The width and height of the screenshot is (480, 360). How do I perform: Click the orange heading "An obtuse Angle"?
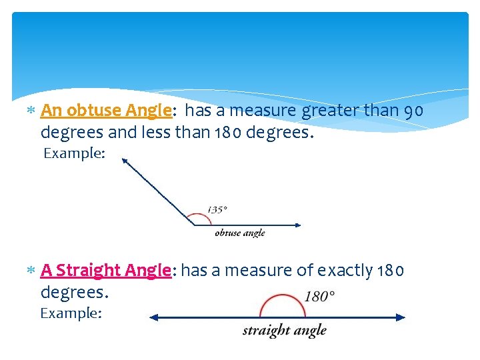pyautogui.click(x=106, y=110)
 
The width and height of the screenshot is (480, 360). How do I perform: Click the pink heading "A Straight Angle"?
pyautogui.click(x=106, y=270)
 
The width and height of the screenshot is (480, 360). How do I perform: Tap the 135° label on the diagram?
pyautogui.click(x=217, y=209)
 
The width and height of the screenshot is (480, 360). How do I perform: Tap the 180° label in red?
pyautogui.click(x=319, y=295)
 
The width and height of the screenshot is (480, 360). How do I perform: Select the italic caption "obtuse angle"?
pyautogui.click(x=239, y=233)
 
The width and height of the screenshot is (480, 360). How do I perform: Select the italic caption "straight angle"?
pyautogui.click(x=284, y=330)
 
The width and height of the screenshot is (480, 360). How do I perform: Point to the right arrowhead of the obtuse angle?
pyautogui.click(x=297, y=225)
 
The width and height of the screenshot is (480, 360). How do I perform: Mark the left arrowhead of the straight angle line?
pyautogui.click(x=153, y=318)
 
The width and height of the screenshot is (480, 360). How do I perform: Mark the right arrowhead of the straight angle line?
pyautogui.click(x=401, y=318)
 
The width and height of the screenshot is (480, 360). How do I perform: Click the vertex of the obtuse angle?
pyautogui.click(x=194, y=225)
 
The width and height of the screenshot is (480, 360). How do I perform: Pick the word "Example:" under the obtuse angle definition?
pyautogui.click(x=74, y=154)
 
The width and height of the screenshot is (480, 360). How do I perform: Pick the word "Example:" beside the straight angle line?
pyautogui.click(x=71, y=313)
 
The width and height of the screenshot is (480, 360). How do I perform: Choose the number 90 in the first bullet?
pyautogui.click(x=414, y=111)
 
